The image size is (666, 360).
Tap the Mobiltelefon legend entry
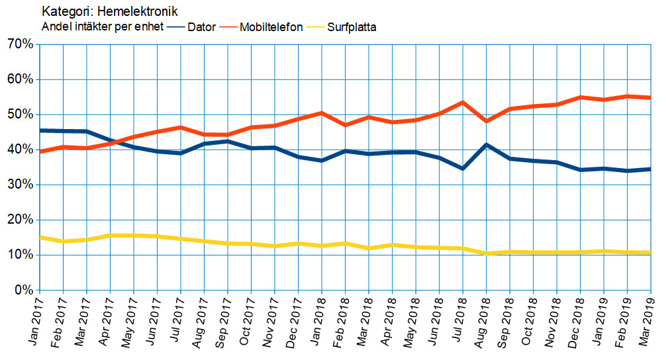[x=271, y=27]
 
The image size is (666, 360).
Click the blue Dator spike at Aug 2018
[x=487, y=144]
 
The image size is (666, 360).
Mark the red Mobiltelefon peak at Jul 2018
[x=463, y=103]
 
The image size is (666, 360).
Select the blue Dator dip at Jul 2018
[x=463, y=168]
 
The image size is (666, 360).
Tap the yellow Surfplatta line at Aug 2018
[x=487, y=253]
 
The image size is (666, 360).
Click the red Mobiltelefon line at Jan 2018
[x=322, y=113]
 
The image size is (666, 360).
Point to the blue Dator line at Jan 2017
[x=40, y=130]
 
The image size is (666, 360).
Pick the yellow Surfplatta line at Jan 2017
[x=40, y=237]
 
